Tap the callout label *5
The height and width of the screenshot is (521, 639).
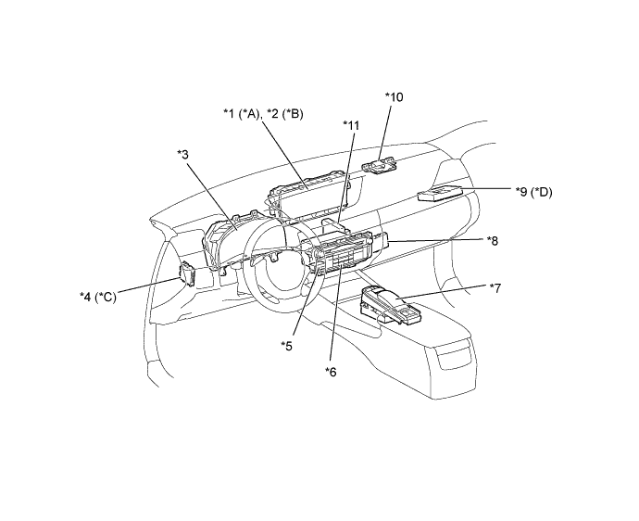click(287, 345)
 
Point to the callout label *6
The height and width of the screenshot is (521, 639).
click(331, 372)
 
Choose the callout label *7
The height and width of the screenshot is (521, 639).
click(495, 288)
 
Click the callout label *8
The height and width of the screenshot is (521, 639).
click(493, 240)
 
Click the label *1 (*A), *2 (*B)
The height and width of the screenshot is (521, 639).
click(263, 114)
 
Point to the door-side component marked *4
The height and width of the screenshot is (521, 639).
click(188, 273)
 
